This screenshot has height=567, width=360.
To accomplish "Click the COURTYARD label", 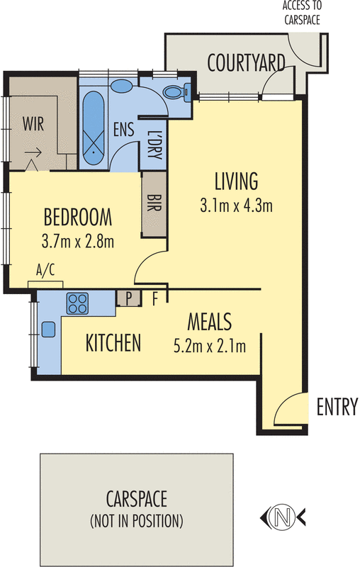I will click(x=247, y=62).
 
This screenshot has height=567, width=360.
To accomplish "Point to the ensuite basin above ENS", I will click(x=123, y=86).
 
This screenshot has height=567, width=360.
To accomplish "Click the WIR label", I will click(x=33, y=125).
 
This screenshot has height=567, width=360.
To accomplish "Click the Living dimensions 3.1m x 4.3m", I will click(x=237, y=206).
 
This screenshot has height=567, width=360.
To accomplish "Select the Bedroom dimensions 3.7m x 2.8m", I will click(x=78, y=241).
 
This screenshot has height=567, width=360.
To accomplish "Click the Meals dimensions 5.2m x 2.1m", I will click(x=209, y=347).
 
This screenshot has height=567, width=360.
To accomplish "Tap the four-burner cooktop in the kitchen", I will click(x=77, y=304).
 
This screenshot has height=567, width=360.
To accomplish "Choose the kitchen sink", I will click(x=49, y=329).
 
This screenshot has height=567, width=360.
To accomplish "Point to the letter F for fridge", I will click(x=155, y=298).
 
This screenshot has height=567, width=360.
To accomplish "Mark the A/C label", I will click(x=45, y=269).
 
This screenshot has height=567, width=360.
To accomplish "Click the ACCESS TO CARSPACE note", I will click(x=301, y=13).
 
